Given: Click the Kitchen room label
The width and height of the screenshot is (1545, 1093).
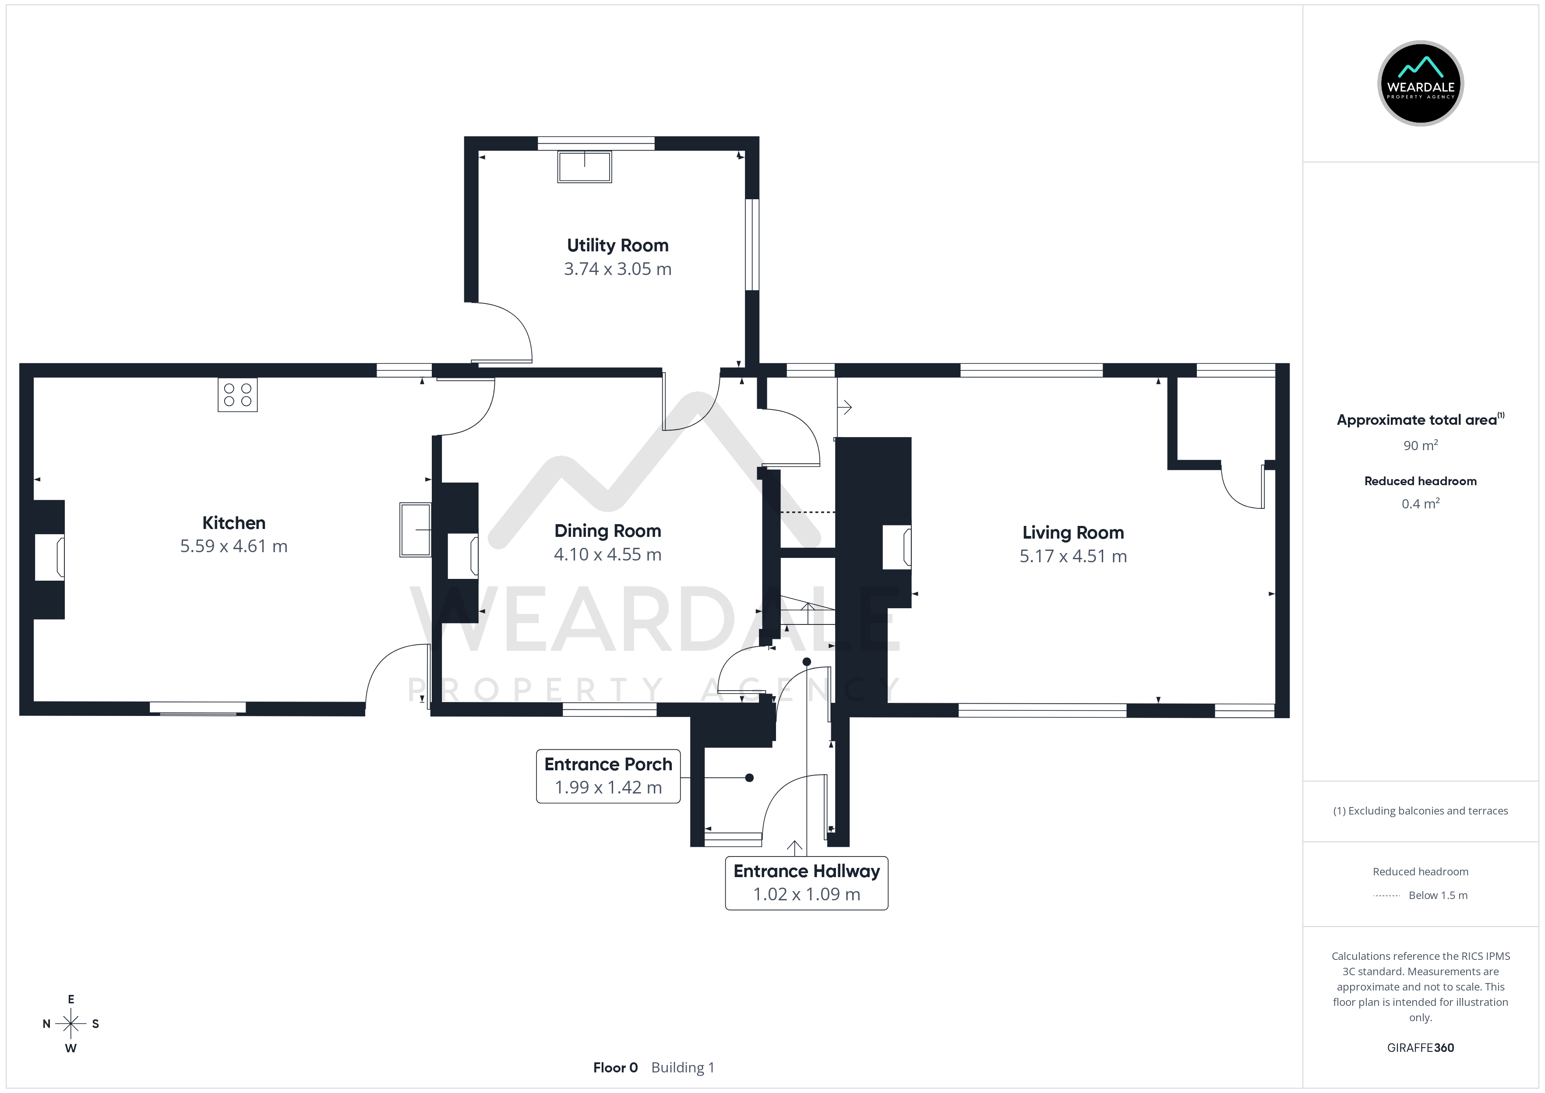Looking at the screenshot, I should (233, 523).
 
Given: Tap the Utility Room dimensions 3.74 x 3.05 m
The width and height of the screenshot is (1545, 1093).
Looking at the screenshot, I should (617, 269).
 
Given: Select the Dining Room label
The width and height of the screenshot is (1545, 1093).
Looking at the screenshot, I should (607, 531).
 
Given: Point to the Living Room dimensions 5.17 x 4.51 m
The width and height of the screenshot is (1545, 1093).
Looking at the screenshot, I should (1072, 557).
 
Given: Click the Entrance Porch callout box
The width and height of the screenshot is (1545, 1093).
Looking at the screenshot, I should (608, 776).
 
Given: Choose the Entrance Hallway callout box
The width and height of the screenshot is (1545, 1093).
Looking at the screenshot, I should (806, 883).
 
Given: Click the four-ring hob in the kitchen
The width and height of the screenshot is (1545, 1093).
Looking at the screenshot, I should (237, 395).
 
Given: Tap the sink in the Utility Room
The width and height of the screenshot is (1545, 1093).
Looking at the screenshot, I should (584, 167).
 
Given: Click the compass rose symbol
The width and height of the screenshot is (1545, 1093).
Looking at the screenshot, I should (71, 1024).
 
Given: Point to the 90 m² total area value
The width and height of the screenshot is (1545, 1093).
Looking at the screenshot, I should (1420, 445).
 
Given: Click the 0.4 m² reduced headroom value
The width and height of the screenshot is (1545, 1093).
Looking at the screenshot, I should (1420, 504).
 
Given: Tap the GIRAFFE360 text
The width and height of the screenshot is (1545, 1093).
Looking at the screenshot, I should (1420, 1048).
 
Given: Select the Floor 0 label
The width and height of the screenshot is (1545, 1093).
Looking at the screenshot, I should (615, 1068).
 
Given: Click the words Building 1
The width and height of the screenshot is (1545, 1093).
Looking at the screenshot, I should (682, 1068).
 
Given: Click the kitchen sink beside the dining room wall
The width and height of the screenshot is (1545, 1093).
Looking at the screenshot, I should (415, 530).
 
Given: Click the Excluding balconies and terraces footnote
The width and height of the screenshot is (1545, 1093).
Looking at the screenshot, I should (1420, 811).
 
